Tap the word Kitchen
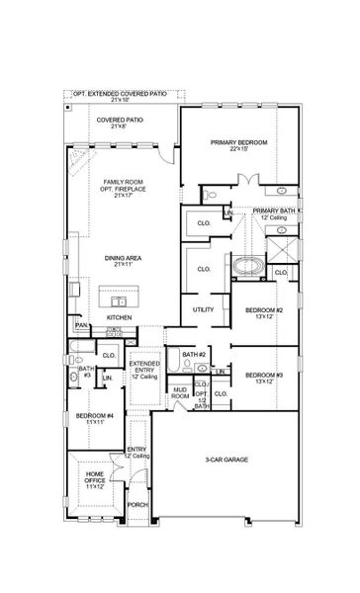[x=120, y=317]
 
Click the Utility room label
[x=204, y=309]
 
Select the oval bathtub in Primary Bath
[x=244, y=265]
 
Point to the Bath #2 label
[x=194, y=354]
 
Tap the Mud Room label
[x=181, y=393]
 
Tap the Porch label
[x=137, y=504]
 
